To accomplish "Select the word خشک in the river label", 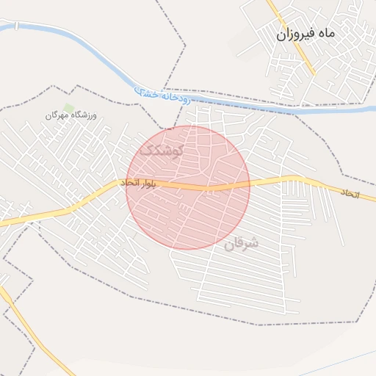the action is (146, 92).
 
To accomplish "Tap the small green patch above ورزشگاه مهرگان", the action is (69, 108).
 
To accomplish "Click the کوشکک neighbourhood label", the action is (161, 151).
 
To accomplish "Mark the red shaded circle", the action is (188, 213).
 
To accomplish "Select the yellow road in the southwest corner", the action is (29, 330).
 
